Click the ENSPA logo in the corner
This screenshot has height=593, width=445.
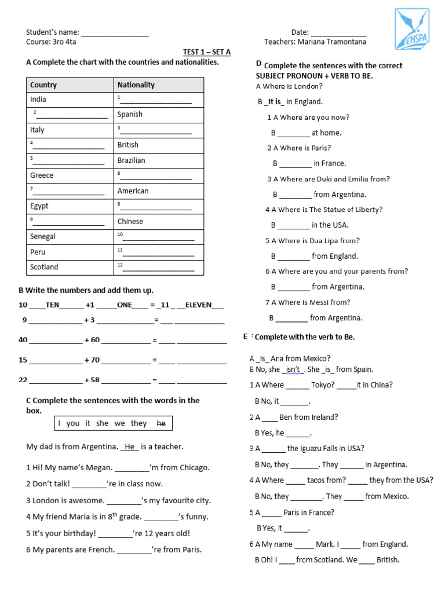[411, 29]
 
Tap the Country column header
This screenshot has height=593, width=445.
[43, 85]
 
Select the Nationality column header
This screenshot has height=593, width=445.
[136, 85]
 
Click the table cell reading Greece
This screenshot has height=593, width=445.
[42, 175]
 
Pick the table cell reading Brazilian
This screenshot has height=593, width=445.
[132, 160]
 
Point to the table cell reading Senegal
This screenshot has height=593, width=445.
[43, 236]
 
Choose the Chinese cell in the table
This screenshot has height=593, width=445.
[130, 221]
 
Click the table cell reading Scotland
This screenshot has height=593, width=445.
[44, 267]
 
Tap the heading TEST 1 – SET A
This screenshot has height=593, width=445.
[207, 52]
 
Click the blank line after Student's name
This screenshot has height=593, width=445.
[115, 34]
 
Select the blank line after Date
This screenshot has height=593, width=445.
[339, 34]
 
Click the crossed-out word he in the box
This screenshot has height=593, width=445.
[161, 423]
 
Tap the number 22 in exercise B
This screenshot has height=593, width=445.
[23, 380]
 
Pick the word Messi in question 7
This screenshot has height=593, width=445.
[323, 302]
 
